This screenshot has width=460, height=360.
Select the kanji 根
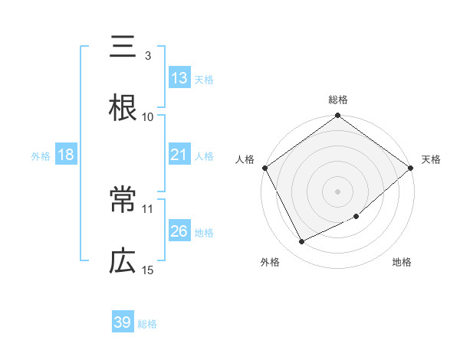123,107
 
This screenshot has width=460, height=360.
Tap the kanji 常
123,202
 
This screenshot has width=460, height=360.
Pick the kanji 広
123,262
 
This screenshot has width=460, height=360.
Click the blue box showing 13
179,78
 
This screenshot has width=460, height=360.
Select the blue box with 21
179,155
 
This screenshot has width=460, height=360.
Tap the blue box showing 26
179,231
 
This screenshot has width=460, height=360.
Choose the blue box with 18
66,155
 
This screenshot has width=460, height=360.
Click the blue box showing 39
123,322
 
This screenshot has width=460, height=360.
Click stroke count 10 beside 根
148,116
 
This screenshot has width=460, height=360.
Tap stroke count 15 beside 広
148,270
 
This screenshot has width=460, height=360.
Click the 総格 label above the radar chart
338,100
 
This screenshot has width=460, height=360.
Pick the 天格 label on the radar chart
432,159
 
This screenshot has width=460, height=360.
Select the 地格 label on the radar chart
402,262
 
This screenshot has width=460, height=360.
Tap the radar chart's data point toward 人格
264,167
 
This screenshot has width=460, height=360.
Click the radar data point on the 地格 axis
356,217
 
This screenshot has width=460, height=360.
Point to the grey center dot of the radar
338,191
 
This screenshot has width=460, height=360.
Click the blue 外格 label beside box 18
41,155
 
